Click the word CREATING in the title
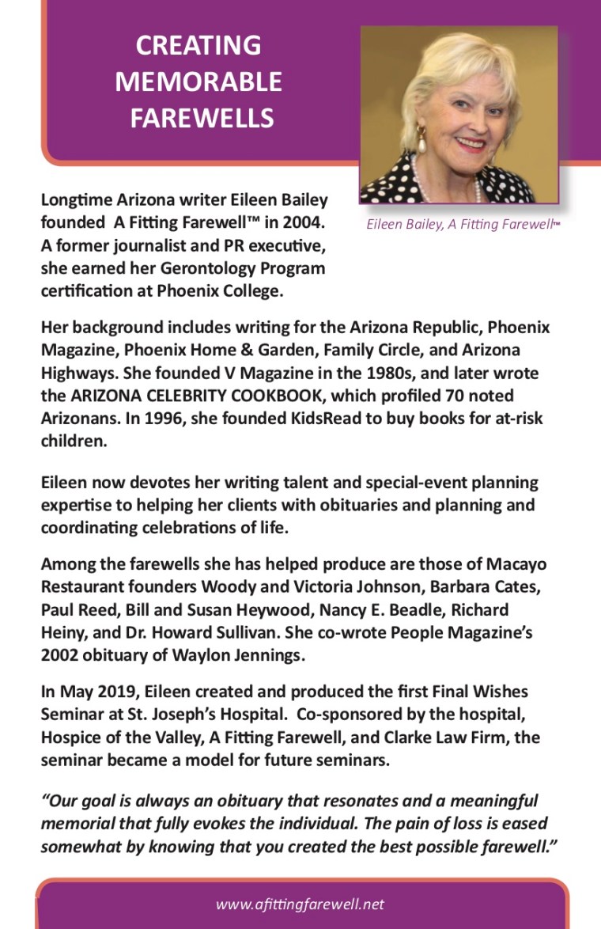coord(198,45)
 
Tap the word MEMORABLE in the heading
coord(198,82)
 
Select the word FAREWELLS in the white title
coord(202,118)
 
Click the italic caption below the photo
coord(463,225)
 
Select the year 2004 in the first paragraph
coord(303,223)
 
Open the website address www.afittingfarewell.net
coord(300,904)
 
